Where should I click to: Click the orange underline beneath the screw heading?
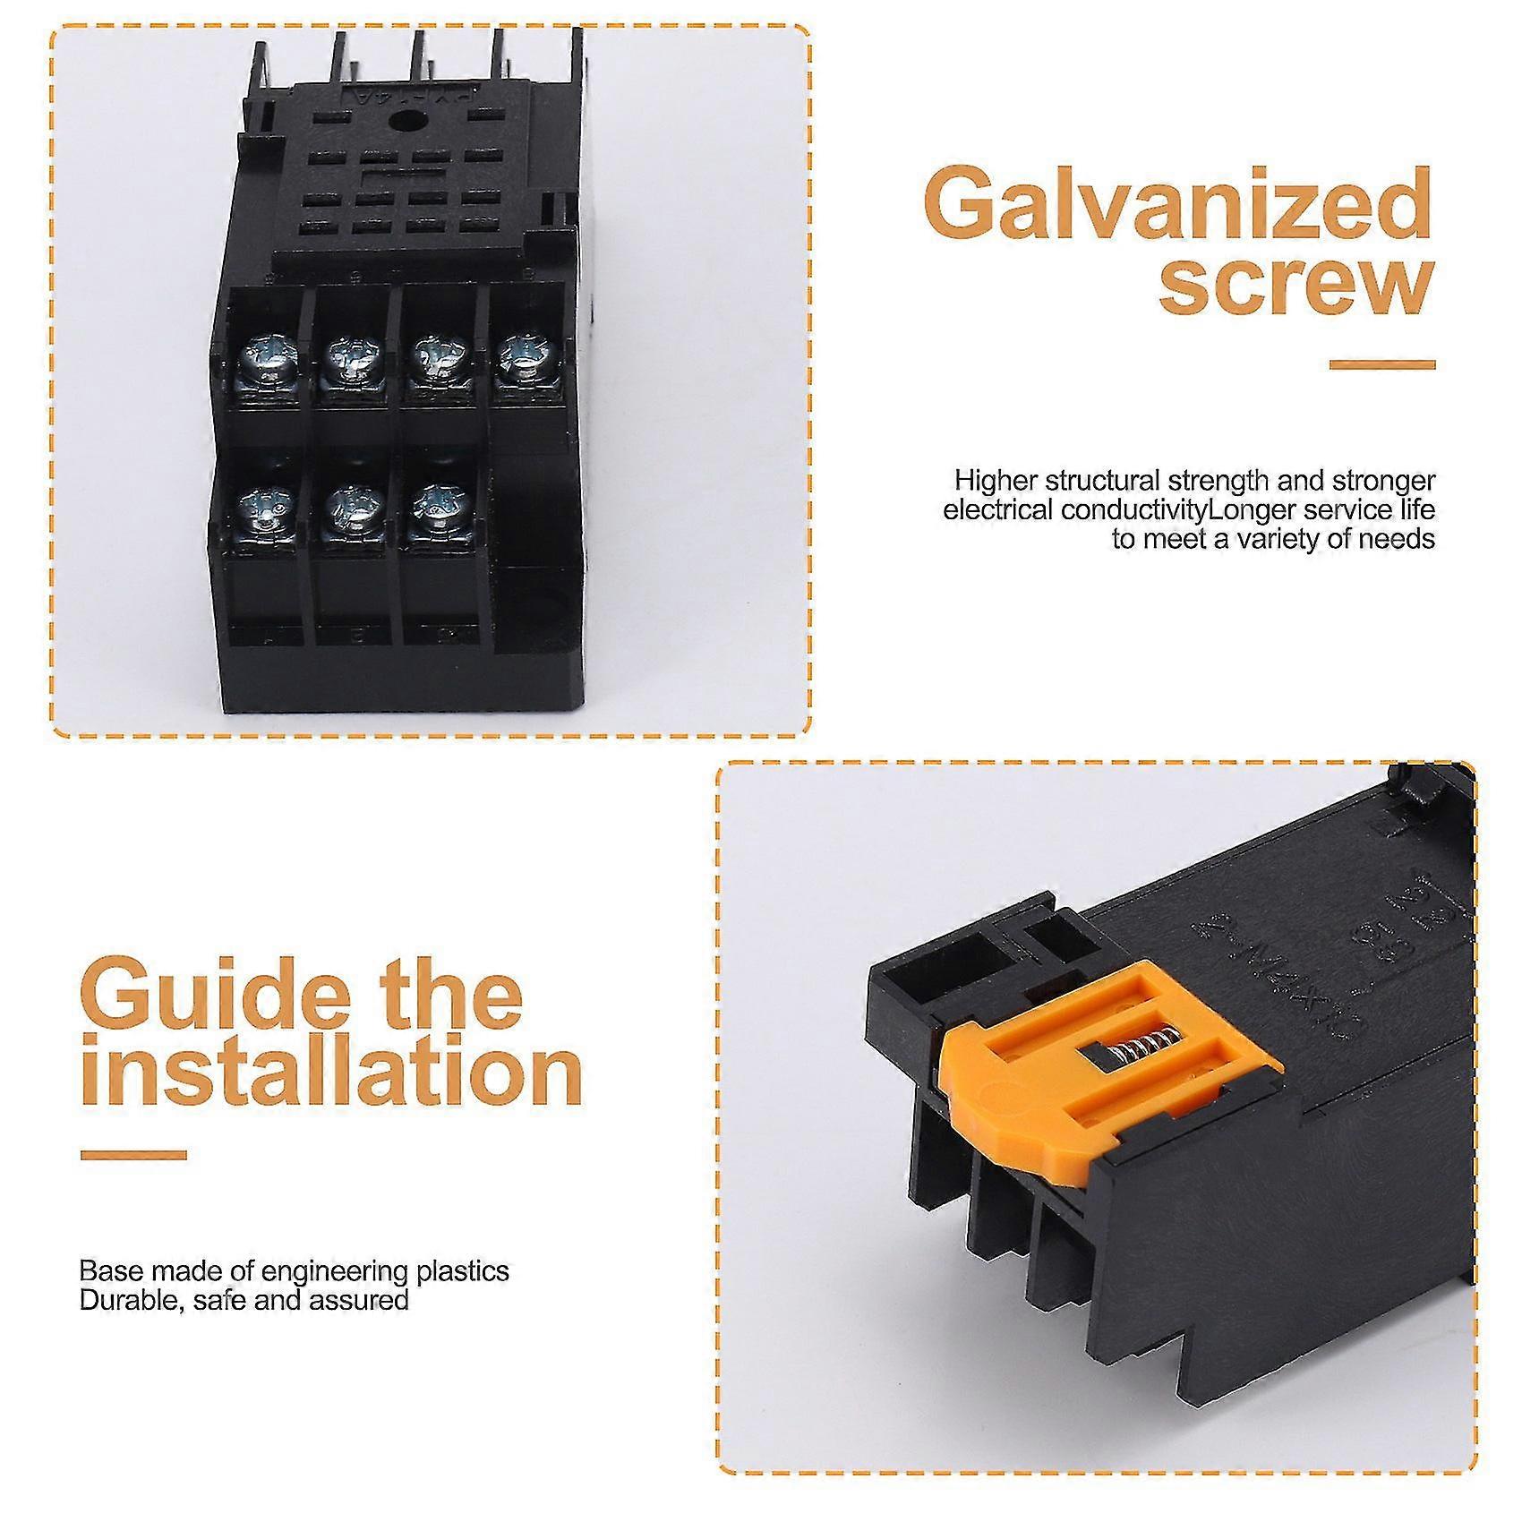tap(1381, 364)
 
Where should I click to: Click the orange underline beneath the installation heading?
tap(133, 1155)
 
